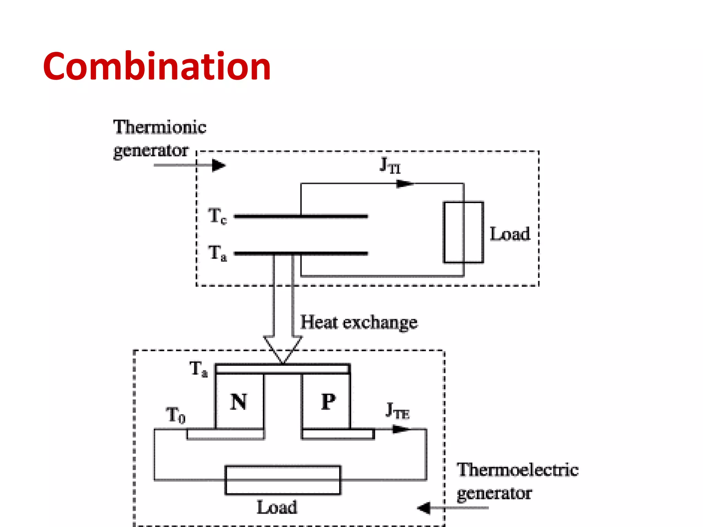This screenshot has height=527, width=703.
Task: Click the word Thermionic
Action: coord(160,127)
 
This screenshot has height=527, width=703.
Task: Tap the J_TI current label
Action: coord(390,165)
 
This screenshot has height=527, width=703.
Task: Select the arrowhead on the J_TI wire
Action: coord(404,184)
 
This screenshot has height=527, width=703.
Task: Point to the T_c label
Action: coord(217,216)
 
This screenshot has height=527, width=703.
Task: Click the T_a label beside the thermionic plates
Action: coord(217,253)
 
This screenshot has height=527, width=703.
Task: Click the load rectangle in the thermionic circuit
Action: coord(463,232)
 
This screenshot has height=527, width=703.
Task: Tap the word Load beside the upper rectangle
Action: coord(510,234)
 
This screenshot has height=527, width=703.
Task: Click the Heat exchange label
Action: coord(359,322)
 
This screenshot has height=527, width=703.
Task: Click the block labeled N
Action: coord(239,401)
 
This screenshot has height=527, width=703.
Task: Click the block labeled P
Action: coord(327,401)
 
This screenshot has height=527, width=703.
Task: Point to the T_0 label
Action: coord(175,415)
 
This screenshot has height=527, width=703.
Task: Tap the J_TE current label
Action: coord(397,411)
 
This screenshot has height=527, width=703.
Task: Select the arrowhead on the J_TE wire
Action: coord(400,429)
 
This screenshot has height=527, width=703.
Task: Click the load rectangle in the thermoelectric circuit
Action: coord(283,480)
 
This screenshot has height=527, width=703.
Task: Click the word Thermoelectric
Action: coord(517,470)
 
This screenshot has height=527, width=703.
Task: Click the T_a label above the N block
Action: coord(198,369)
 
